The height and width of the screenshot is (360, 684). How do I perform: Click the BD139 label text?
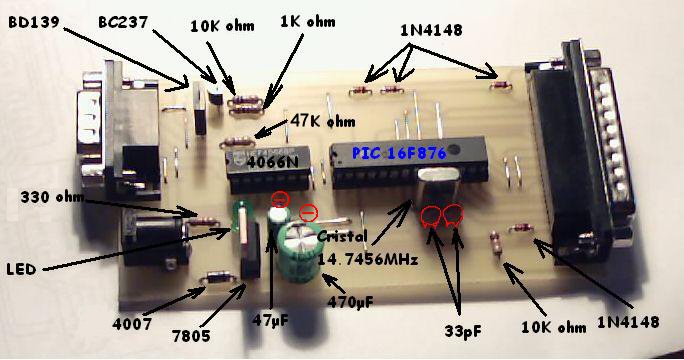coord(34,22)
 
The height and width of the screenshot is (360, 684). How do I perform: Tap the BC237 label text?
coord(123,22)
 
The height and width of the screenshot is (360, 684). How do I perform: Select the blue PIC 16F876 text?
coord(399,153)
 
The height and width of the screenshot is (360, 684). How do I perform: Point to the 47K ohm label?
coord(323,121)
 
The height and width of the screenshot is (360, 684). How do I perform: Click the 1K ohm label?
coord(308,21)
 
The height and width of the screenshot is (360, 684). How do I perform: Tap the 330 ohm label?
coord(52,197)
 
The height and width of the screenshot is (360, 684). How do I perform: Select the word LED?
coord(21,269)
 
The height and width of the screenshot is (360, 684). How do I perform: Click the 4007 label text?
coord(132,324)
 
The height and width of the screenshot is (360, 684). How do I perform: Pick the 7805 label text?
coord(191,336)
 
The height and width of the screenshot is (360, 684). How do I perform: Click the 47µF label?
coord(270,321)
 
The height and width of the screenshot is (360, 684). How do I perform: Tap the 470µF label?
coord(351,302)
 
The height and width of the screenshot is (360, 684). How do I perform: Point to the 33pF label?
coord(463,331)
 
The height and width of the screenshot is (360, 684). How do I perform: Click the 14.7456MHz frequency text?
coord(367,259)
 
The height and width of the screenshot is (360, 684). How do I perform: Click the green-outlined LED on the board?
coord(241,222)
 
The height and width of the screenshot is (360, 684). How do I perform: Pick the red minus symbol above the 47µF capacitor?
coord(280,199)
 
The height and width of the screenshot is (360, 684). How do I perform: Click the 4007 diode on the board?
coord(219,277)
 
